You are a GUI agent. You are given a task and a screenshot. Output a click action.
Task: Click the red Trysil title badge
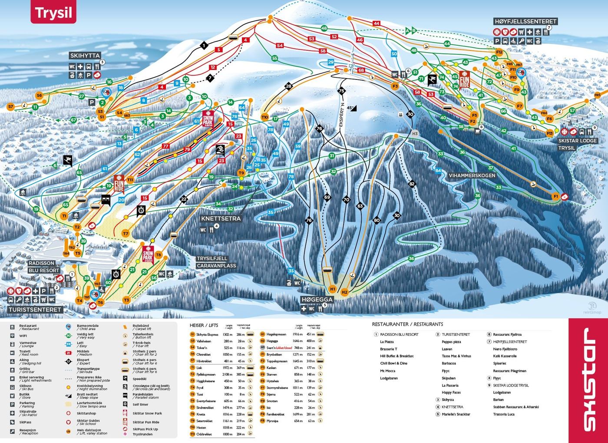(53, 13)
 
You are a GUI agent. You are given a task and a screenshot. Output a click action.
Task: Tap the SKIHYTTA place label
(85, 56)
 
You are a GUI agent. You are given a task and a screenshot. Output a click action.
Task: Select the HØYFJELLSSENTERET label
(525, 21)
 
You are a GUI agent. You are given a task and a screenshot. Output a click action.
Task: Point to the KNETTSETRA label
(220, 219)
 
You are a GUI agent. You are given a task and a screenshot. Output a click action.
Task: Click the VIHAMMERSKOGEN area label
(472, 175)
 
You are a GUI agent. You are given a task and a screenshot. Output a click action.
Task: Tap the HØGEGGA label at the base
(317, 300)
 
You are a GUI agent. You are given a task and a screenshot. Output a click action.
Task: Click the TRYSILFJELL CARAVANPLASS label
(216, 262)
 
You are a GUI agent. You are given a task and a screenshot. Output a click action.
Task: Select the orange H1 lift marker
(332, 289)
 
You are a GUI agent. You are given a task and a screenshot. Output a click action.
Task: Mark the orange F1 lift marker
(555, 196)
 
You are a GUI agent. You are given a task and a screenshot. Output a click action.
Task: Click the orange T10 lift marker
(265, 117)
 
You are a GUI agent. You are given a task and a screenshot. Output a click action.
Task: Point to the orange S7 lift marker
(11, 106)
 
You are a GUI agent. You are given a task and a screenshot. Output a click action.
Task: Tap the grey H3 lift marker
(414, 134)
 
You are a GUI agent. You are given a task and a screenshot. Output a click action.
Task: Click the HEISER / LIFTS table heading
(204, 325)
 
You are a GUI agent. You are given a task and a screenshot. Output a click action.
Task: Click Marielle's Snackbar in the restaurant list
(456, 414)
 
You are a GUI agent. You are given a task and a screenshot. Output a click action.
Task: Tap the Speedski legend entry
(139, 379)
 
